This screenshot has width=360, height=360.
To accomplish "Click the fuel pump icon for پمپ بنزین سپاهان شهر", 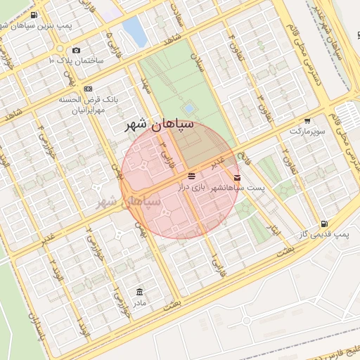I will click(34, 14).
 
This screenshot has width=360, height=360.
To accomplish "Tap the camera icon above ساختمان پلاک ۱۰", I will click(77, 50).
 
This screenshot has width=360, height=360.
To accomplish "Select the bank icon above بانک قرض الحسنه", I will click(88, 89).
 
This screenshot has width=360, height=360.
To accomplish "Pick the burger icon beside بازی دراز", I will click(192, 175).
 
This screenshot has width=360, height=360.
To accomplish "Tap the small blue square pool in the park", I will click(188, 108).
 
